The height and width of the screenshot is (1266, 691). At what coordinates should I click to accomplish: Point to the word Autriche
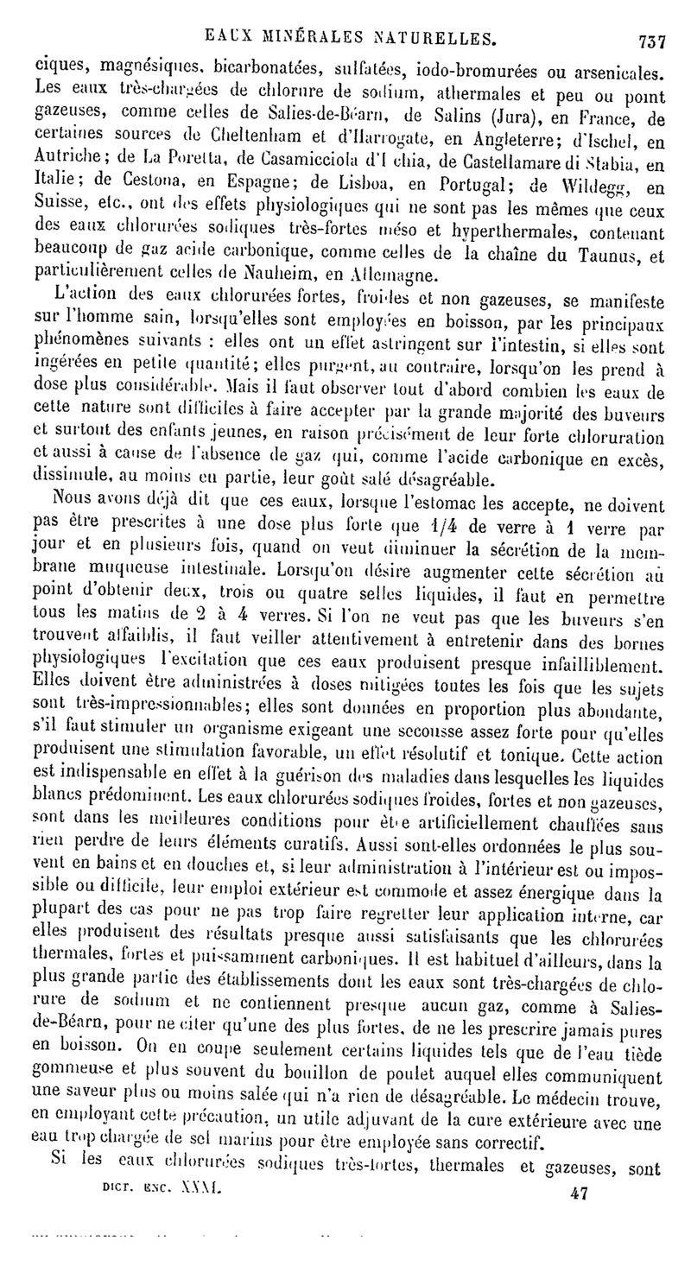75,161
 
